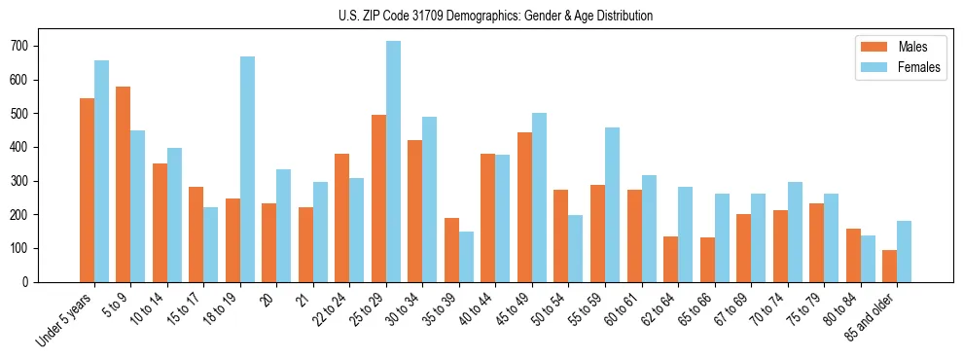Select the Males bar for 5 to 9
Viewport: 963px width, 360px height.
123,184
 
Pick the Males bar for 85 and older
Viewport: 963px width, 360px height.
889,266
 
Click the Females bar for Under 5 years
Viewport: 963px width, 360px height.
101,171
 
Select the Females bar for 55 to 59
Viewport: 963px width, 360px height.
612,204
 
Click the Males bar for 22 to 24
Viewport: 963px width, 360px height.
341,218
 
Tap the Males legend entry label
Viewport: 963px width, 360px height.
912,47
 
